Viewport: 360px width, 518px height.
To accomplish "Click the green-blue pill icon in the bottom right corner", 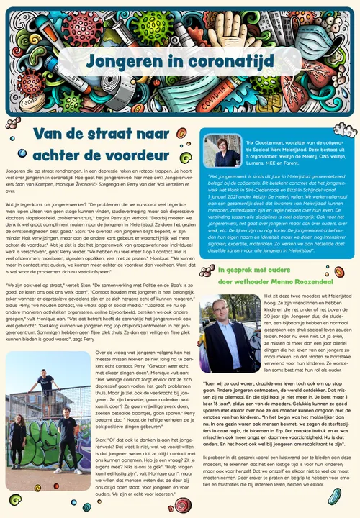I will coord(335,496).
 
